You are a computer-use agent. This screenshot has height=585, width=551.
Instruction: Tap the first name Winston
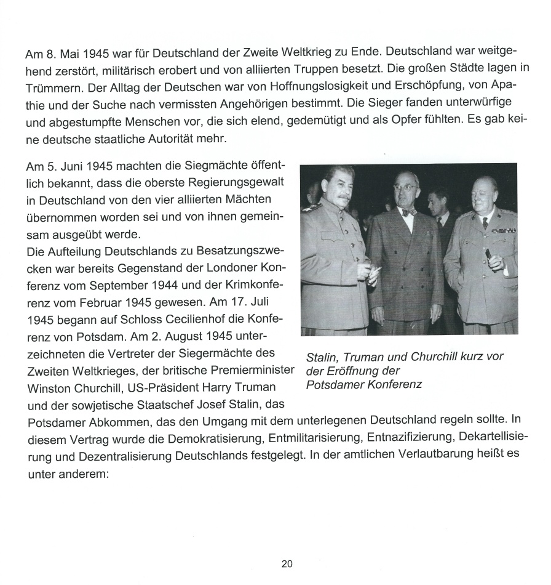tap(52, 389)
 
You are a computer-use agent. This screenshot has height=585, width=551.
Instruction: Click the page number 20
tap(287, 563)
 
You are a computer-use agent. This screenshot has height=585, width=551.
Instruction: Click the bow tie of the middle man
tap(407, 212)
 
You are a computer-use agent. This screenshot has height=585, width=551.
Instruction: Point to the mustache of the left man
tap(338, 199)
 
